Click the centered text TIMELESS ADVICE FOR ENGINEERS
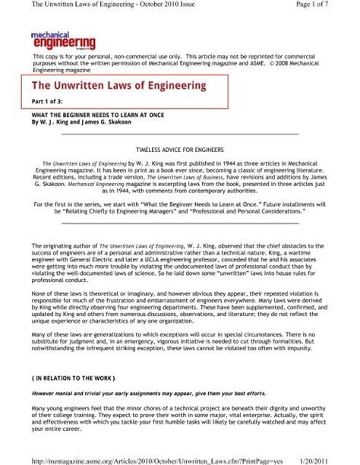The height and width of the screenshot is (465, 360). tap(180, 151)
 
